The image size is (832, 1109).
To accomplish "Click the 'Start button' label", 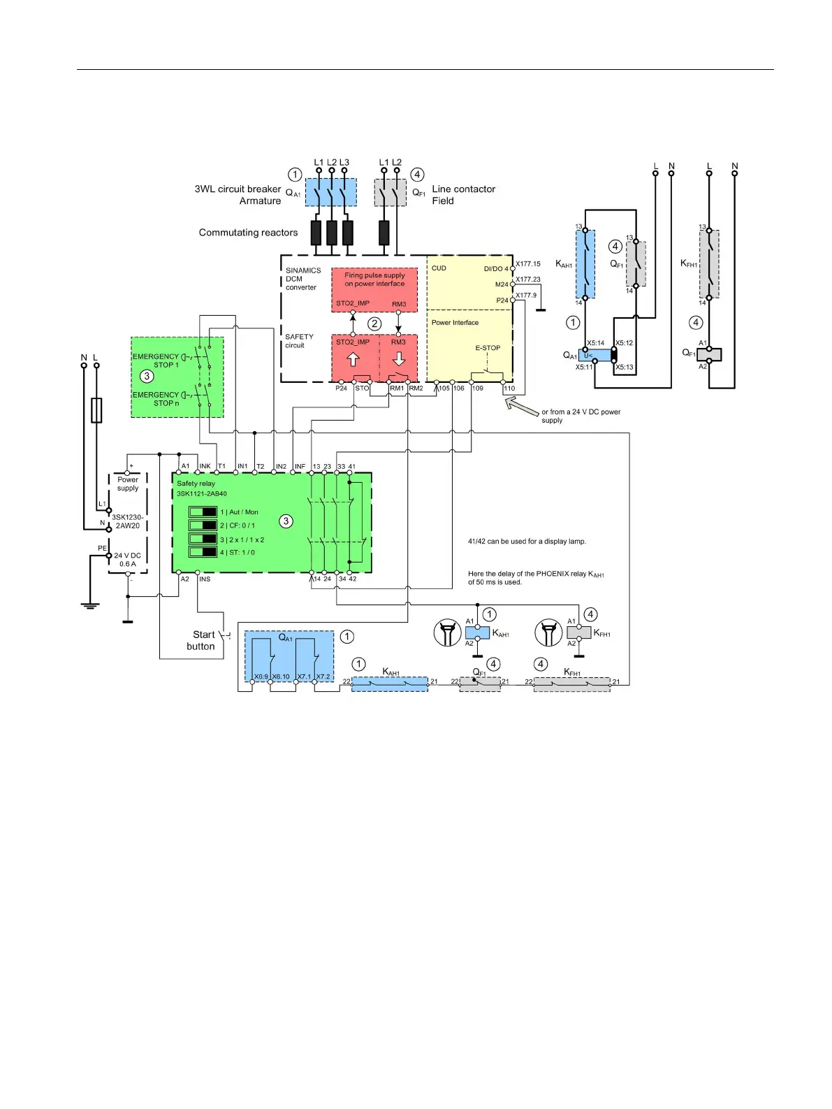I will [x=203, y=640].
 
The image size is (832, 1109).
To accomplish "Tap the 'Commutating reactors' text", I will [x=248, y=233].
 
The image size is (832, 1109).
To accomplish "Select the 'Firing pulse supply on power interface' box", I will [x=374, y=280].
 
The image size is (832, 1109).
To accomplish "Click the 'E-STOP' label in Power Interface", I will [x=488, y=348].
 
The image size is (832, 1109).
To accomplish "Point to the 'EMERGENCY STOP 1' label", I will [x=156, y=361].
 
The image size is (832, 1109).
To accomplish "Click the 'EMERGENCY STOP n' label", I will [x=156, y=399].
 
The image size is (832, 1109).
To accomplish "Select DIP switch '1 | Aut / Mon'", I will [x=203, y=512].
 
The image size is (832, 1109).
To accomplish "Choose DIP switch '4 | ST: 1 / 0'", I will [x=203, y=552].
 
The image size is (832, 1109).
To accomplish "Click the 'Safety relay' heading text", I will [x=196, y=484].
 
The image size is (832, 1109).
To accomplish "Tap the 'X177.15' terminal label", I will [x=528, y=264].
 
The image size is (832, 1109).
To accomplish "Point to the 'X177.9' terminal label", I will [x=526, y=296].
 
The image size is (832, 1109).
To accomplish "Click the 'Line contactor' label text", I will [x=463, y=189].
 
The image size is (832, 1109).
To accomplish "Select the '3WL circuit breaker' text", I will [x=238, y=189].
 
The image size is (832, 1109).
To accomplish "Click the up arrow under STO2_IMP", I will [x=353, y=359].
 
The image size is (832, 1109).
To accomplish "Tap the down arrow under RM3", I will [x=399, y=359].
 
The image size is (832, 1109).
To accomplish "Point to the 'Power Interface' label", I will [x=455, y=323].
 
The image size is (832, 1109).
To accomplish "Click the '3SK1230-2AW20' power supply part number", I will [x=128, y=521].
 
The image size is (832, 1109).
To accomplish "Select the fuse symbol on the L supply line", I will [x=96, y=410].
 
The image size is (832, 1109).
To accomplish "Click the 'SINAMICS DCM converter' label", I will [x=302, y=279].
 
